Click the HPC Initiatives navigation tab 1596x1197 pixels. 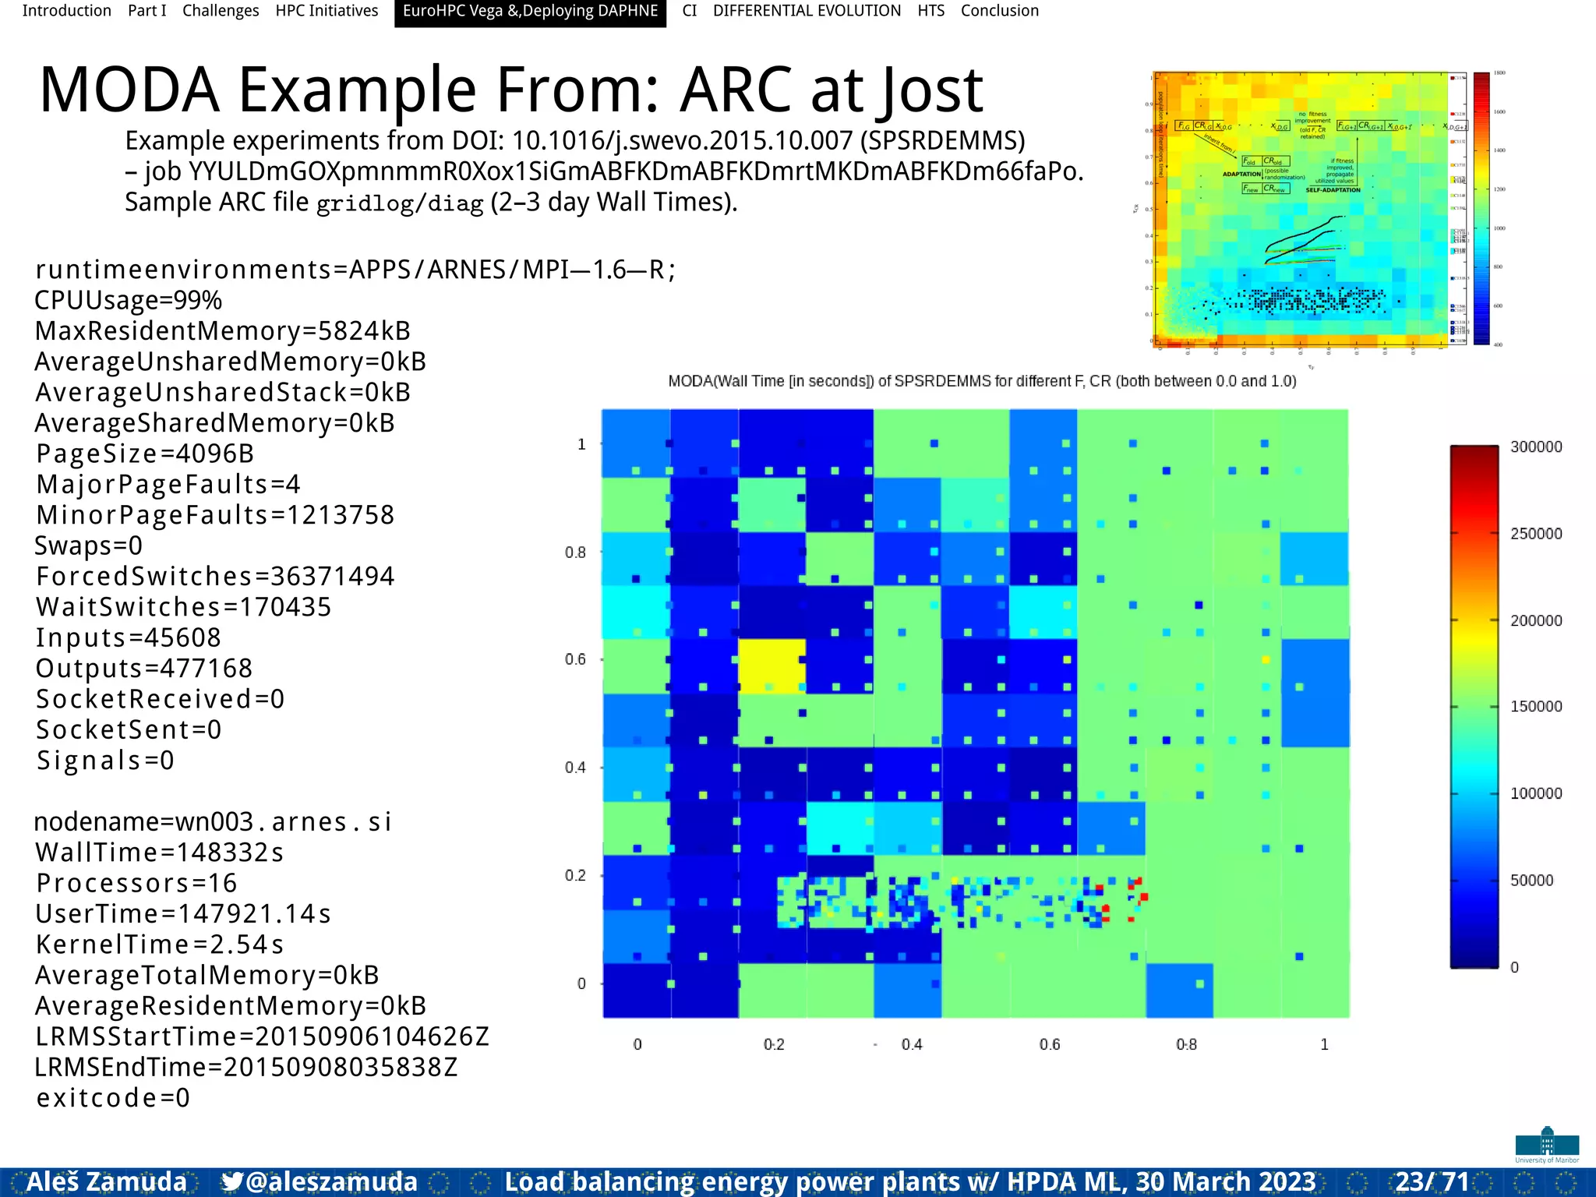[327, 11]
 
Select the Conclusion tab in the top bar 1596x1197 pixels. [999, 11]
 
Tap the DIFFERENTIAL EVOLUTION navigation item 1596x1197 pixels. [807, 11]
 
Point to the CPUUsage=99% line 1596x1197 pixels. [129, 300]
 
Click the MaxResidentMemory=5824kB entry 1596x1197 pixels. [223, 331]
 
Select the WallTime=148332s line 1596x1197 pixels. [160, 853]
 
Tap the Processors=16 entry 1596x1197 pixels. [136, 883]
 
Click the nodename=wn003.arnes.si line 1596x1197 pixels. [213, 822]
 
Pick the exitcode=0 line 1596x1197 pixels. [113, 1098]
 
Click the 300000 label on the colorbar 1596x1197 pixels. [1535, 447]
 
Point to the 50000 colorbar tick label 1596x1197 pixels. [1531, 881]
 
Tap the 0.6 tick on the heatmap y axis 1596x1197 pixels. [575, 659]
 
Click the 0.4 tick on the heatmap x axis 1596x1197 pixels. [912, 1044]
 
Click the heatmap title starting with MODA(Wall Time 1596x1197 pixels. [982, 381]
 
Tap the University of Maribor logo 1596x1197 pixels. [1547, 1145]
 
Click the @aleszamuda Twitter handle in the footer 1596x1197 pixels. [320, 1181]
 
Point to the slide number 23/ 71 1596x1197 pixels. [1432, 1181]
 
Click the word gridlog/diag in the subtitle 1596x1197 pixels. [400, 203]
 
